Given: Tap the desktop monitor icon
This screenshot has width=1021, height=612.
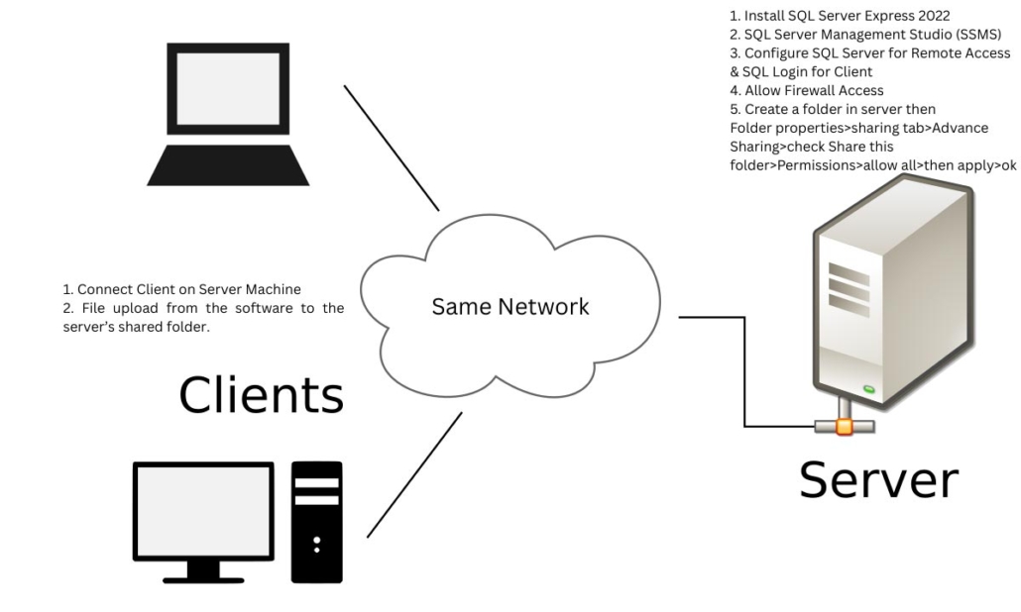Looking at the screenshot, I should pyautogui.click(x=203, y=511).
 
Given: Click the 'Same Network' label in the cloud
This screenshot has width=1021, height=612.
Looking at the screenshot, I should pyautogui.click(x=510, y=307).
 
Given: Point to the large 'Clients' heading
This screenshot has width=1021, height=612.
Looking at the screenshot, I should pyautogui.click(x=261, y=394).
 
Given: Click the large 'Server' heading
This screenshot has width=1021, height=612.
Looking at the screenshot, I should pyautogui.click(x=878, y=478).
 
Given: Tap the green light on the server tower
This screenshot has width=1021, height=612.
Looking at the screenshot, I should pyautogui.click(x=869, y=389).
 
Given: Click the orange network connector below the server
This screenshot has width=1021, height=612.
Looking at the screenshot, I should pyautogui.click(x=844, y=427).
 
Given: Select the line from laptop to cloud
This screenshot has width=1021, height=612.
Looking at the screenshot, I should pyautogui.click(x=391, y=148).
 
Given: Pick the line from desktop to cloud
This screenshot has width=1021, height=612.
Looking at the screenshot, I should pyautogui.click(x=414, y=474).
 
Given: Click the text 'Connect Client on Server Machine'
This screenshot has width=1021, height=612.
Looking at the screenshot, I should pyautogui.click(x=188, y=289).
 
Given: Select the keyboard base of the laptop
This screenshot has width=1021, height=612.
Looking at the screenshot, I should pyautogui.click(x=228, y=165).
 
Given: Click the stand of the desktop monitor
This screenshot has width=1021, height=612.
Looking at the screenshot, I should pyautogui.click(x=203, y=569).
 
